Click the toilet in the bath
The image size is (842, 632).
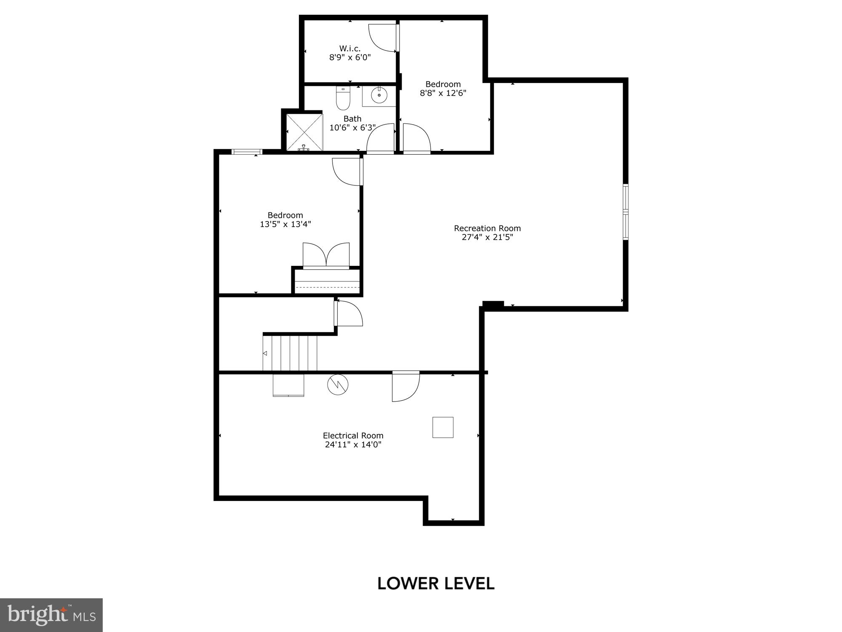[x=343, y=99]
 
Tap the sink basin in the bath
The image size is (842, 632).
[x=379, y=95]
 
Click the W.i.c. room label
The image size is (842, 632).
[x=350, y=48]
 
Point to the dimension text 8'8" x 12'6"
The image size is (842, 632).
[x=443, y=93]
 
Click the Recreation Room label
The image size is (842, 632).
[x=487, y=228]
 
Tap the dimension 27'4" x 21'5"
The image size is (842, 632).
[x=487, y=237]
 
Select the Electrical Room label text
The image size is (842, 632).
[x=353, y=436]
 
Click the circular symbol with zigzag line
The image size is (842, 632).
[x=338, y=384]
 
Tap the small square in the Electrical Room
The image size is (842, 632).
[x=443, y=427]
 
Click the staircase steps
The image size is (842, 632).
[x=290, y=353]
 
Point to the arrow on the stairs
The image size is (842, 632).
[x=265, y=353]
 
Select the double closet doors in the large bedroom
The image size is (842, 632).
[x=326, y=255]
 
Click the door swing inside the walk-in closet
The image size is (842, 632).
[x=382, y=38]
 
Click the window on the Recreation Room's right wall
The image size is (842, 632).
[x=626, y=212]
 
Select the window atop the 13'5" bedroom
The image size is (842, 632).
[x=247, y=152]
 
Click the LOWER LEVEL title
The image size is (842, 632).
[x=436, y=584]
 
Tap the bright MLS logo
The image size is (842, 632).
[x=51, y=615]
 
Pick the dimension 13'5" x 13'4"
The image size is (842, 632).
[x=285, y=224]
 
